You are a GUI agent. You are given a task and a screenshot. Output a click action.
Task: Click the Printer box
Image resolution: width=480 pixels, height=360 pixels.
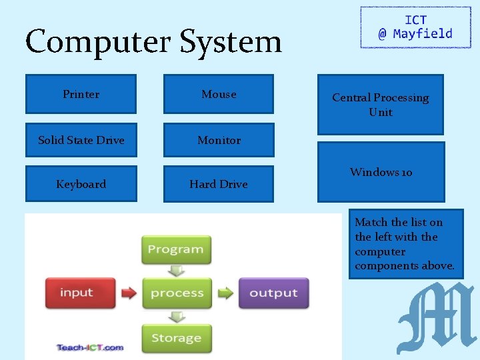pyautogui.click(x=81, y=94)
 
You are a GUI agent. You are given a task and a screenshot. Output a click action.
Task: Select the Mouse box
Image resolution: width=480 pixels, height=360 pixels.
pyautogui.click(x=219, y=94)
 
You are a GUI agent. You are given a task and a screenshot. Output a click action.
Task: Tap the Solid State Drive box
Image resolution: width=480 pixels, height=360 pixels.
pyautogui.click(x=81, y=140)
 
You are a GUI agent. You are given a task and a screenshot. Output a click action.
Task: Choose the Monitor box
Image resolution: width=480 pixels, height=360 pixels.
pyautogui.click(x=219, y=140)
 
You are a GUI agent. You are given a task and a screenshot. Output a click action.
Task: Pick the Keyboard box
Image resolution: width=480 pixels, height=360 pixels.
pyautogui.click(x=81, y=184)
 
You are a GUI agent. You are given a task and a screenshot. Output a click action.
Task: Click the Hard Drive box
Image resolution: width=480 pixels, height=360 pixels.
pyautogui.click(x=219, y=184)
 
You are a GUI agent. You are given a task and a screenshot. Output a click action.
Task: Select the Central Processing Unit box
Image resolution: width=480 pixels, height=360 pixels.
pyautogui.click(x=380, y=105)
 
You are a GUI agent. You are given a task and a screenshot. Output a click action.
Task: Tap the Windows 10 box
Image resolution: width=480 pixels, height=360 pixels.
pyautogui.click(x=381, y=172)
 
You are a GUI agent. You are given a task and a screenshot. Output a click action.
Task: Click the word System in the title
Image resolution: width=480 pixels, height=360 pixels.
pyautogui.click(x=231, y=41)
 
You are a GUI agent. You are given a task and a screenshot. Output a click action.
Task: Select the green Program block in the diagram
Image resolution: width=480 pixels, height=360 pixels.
pyautogui.click(x=176, y=249)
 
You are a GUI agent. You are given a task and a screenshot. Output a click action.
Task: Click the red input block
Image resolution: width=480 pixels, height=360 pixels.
pyautogui.click(x=76, y=293)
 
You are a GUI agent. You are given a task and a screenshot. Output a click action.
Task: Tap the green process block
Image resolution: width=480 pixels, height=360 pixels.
pyautogui.click(x=177, y=293)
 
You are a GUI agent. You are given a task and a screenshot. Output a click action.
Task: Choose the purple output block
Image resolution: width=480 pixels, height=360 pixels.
pyautogui.click(x=273, y=293)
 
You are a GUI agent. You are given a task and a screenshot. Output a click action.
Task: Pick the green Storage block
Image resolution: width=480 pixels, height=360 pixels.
pyautogui.click(x=176, y=338)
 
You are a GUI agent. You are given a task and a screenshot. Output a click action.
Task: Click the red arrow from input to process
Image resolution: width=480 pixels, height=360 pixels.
pyautogui.click(x=127, y=293)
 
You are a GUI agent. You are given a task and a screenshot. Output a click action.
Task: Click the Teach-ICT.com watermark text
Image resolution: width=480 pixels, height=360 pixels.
pyautogui.click(x=90, y=347)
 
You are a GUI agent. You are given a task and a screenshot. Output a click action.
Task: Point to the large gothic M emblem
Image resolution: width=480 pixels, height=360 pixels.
pyautogui.click(x=435, y=318)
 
